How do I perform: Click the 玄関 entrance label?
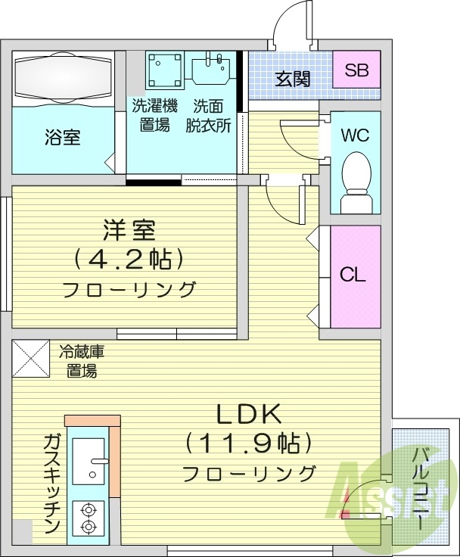pyautogui.click(x=292, y=79)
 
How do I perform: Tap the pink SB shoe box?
pyautogui.click(x=356, y=71)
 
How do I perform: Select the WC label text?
pyautogui.click(x=354, y=136)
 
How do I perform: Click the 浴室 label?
pyautogui.click(x=64, y=138)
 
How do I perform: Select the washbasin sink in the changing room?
pyautogui.click(x=212, y=69)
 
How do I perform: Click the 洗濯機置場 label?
pyautogui.click(x=154, y=115)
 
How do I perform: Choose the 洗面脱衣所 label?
pyautogui.click(x=209, y=115)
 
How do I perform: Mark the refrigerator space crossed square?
pyautogui.click(x=30, y=358)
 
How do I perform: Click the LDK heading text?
pyautogui.click(x=249, y=414)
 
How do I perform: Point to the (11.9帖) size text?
pyautogui.click(x=249, y=443)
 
